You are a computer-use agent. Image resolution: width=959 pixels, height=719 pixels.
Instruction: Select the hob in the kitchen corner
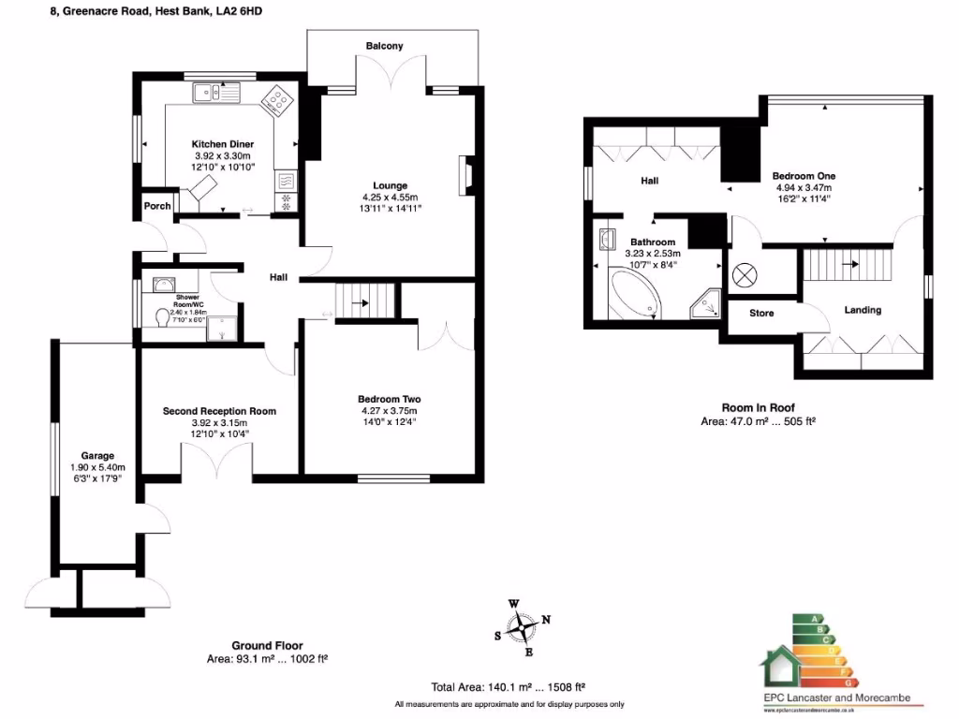[x=278, y=99]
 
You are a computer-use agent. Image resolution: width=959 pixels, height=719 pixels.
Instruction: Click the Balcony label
[x=385, y=46]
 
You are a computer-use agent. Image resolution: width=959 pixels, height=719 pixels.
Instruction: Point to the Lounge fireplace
[x=463, y=175]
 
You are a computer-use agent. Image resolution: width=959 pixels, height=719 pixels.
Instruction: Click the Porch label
[x=156, y=206]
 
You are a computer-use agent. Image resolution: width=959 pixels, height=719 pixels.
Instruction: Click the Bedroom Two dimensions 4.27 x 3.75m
[x=389, y=410]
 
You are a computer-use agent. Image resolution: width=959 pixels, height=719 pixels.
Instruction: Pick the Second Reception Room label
[x=219, y=411]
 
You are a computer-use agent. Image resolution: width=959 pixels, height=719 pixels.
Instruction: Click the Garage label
[x=96, y=457]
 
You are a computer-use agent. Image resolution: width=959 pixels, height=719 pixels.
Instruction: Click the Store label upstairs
[x=761, y=313]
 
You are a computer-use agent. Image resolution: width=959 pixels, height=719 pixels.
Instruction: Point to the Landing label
[x=863, y=310]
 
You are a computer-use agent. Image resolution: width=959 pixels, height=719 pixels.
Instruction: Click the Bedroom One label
[x=804, y=176]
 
